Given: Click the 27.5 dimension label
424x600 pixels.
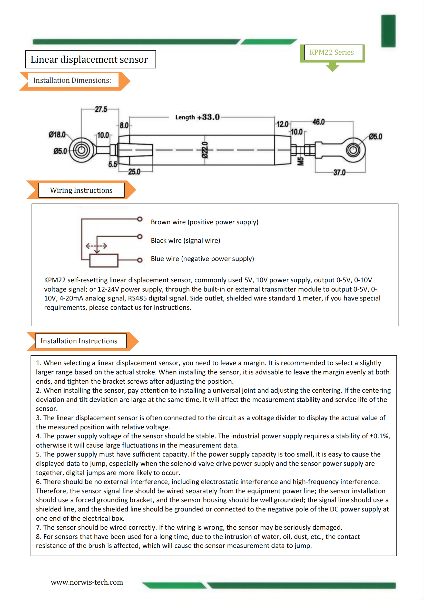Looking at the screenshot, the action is pos(101,109).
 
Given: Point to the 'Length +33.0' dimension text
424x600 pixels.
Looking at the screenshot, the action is pos(197,117).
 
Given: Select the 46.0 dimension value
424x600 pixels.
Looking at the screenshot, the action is pos(319,122).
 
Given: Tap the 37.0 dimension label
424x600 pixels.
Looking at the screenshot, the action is pos(339,172).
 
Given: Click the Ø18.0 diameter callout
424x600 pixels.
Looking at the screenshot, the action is pos(57,134).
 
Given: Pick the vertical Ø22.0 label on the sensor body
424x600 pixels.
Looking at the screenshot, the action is pos(205,150).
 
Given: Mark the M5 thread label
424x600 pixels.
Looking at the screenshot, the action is pos(300,161).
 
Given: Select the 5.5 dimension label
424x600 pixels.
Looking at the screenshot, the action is pos(113,164).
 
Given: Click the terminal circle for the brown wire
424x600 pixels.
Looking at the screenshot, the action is pos(140,219).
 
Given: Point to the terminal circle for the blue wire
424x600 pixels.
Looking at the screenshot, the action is pos(140,260).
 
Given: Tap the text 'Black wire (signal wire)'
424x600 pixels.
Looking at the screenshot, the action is pos(185,240).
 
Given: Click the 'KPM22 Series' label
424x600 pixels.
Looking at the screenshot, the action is pos(332,52).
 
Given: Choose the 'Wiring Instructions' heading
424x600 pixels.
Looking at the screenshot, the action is pos(81,190).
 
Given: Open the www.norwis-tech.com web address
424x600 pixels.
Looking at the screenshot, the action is pos(87,582).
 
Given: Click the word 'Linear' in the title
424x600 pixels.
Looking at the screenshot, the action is pos(44,59).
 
